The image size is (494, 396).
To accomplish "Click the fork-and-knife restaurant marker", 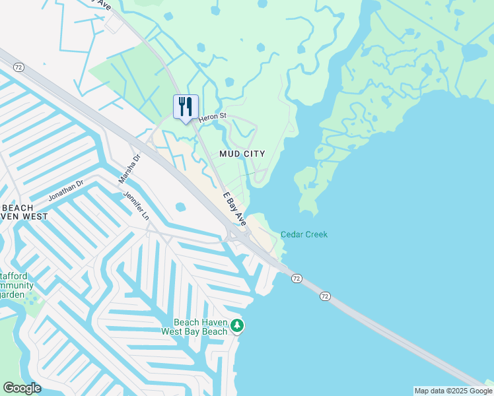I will click(x=186, y=106).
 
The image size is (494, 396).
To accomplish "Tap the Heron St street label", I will click(x=213, y=117).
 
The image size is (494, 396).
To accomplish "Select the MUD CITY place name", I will click(x=242, y=154).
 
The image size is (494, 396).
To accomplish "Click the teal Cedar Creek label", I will click(x=304, y=234).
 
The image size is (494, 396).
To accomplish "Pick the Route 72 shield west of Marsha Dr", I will click(x=18, y=67).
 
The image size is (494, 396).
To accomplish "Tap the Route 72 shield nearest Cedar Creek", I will click(x=297, y=279).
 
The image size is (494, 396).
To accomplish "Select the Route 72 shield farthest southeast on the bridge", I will click(x=324, y=296).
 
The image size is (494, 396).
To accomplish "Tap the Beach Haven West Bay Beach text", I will click(x=195, y=327).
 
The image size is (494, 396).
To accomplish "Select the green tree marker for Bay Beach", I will click(x=237, y=325).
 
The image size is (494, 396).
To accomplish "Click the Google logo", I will click(x=22, y=388).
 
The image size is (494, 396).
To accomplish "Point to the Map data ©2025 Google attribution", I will click(x=453, y=391).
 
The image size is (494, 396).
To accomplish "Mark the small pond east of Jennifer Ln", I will click(x=180, y=207).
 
